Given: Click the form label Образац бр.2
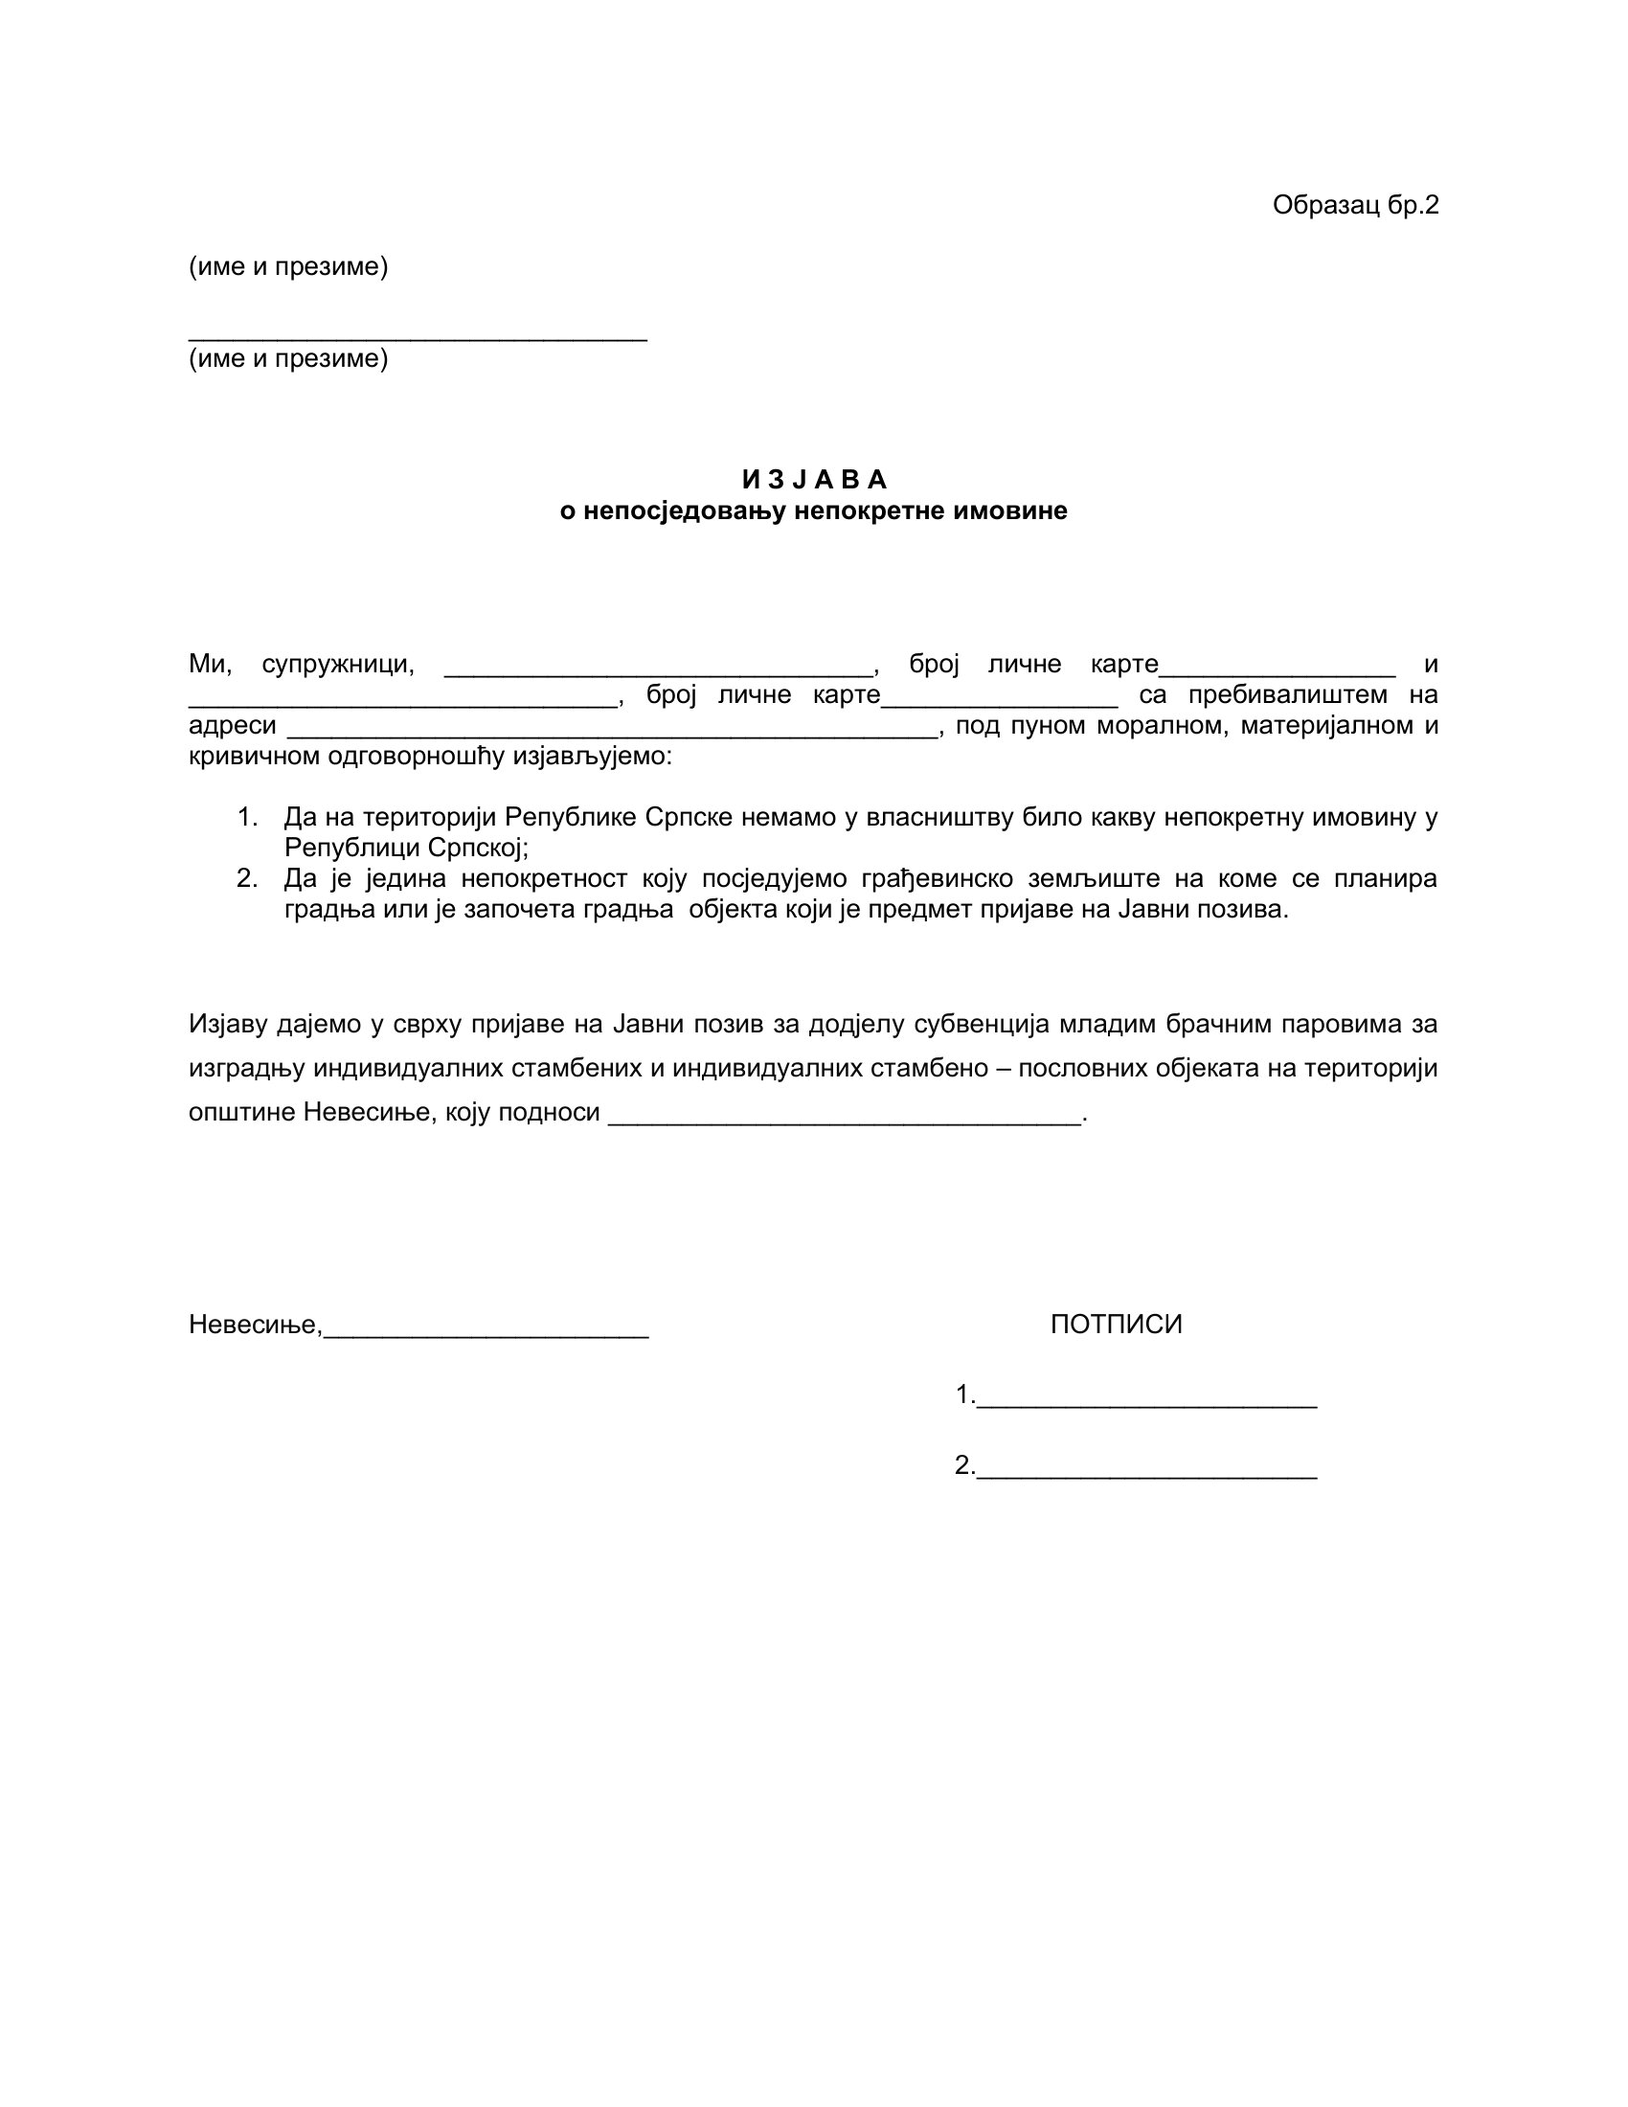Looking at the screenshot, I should (1354, 206).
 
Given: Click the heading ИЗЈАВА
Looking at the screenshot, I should (814, 480).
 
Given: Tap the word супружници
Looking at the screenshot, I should (337, 664).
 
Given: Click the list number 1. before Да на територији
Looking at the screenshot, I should (247, 817).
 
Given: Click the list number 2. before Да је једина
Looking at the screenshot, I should (247, 878).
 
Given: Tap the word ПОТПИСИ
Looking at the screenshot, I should (1116, 1324).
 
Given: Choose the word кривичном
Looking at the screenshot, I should (254, 756).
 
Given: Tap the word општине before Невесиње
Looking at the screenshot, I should (242, 1112).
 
